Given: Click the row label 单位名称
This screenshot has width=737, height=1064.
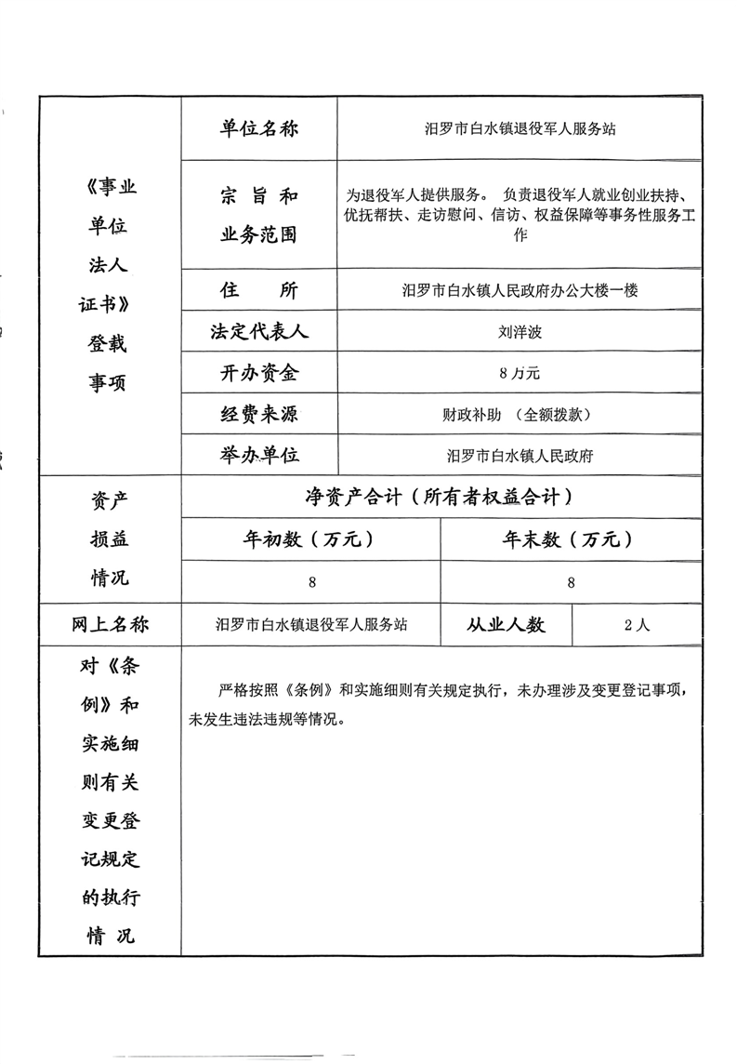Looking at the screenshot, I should coord(258,129).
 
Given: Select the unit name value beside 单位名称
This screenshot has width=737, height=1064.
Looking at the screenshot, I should coord(519,129).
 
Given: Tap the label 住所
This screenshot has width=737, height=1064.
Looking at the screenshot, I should coord(258,290).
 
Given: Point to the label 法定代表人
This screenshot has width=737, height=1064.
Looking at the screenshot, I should coord(258,332).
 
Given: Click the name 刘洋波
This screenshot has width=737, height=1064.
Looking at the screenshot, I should coord(519,332).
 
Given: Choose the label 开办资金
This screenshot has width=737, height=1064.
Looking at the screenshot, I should coord(258,373).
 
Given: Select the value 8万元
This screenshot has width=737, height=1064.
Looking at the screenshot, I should coord(519,374).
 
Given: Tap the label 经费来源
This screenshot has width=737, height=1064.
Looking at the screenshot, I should coord(258,414).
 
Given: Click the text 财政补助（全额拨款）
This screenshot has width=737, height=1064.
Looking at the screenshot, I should coord(519,415).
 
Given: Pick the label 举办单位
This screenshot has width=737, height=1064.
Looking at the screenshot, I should coord(258,455).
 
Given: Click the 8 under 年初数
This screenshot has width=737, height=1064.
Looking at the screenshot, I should coord(311,582).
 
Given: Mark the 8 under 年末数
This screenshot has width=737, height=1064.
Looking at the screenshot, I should coord(571,582).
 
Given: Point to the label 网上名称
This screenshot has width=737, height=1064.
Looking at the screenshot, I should coord(109,624).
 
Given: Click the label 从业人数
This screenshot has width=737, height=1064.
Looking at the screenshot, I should coord(506,624).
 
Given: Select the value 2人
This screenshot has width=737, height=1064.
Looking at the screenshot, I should coord(638,625).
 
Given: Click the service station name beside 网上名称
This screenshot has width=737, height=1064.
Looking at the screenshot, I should coord(310,625).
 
